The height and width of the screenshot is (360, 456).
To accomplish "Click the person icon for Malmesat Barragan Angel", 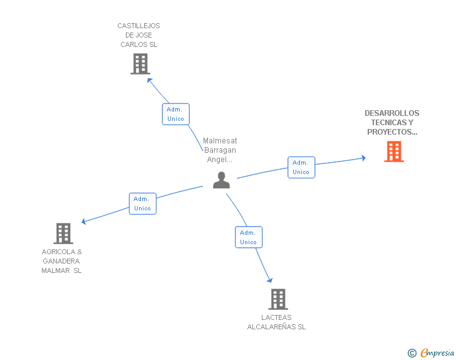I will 221,180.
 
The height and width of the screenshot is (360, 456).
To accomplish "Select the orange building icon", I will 393,152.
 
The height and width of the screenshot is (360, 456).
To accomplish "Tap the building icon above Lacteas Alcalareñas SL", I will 278,299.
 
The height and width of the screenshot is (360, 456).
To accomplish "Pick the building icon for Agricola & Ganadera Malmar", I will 63,234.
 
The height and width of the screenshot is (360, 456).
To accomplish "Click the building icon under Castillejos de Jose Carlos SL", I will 140,63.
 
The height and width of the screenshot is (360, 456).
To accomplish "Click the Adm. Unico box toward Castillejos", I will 175,114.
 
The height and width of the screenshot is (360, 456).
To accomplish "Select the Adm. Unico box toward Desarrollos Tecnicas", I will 301,167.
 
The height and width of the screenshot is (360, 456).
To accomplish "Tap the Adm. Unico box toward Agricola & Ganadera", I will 142,203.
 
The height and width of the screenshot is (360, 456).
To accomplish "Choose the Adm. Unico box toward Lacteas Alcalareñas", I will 249,237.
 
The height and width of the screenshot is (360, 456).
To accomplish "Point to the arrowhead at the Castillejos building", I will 148,80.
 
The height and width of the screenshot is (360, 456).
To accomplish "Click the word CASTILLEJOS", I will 138,26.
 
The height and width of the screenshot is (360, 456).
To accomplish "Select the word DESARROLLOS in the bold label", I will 392,113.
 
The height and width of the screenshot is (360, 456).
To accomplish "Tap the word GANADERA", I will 61,261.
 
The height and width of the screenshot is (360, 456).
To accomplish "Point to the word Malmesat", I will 220,141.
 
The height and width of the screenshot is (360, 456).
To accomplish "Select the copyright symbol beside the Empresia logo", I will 412,353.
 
